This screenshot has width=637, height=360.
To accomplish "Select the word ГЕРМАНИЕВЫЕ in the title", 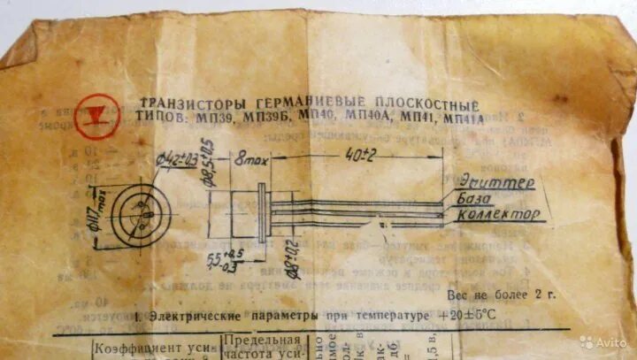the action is click(x=283, y=103).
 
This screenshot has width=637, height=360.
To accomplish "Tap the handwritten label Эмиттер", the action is click(x=496, y=183).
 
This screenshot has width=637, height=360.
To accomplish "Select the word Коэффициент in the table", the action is click(x=134, y=348).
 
